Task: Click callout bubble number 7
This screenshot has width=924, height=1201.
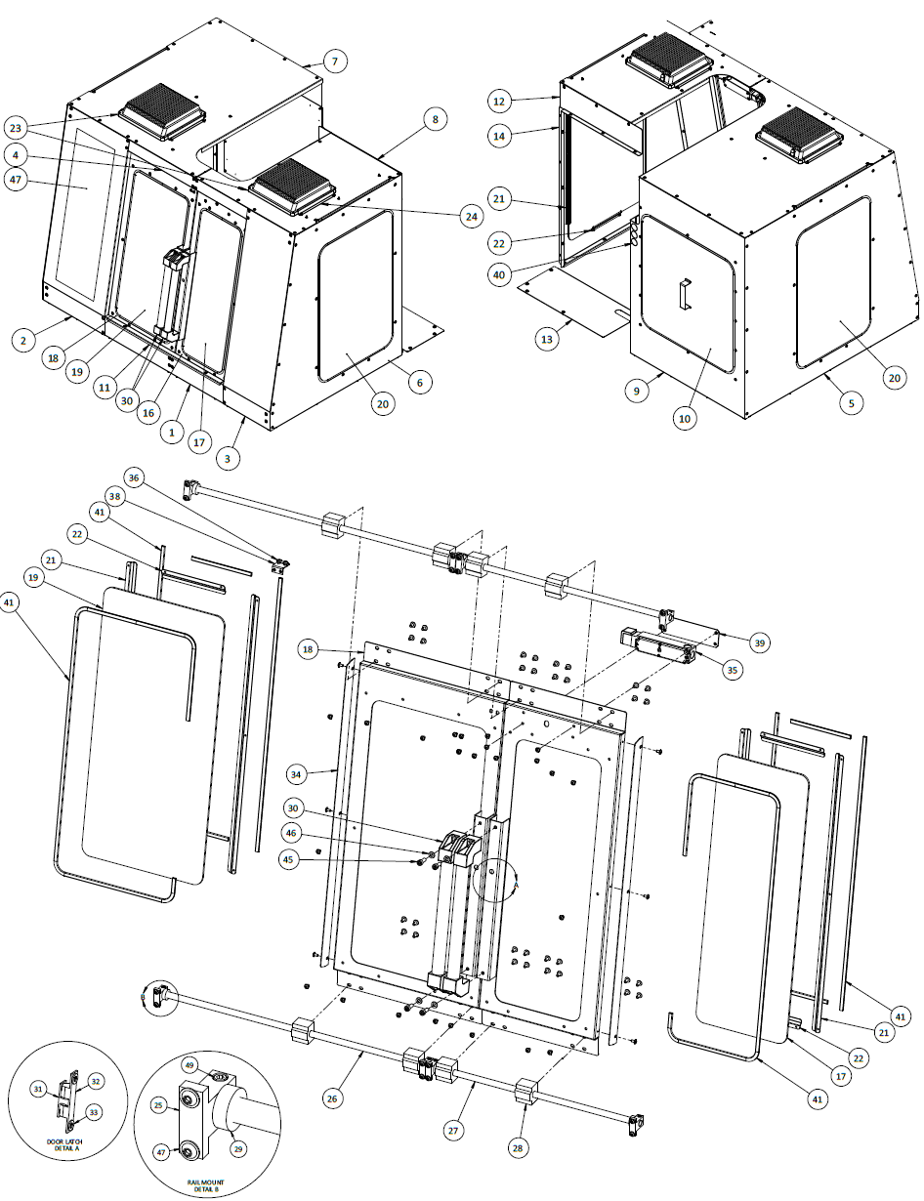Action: click(334, 62)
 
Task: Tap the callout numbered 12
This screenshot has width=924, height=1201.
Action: click(499, 102)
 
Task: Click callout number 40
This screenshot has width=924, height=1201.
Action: click(499, 274)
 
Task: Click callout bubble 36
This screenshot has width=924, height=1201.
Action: click(134, 476)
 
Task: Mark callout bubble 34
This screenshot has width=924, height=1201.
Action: click(297, 774)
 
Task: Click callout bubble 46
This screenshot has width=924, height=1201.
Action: click(290, 834)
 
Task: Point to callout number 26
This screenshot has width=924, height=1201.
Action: click(334, 1098)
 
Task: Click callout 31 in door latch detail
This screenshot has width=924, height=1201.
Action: click(38, 1089)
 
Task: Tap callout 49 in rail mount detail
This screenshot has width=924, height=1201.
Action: click(190, 1065)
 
